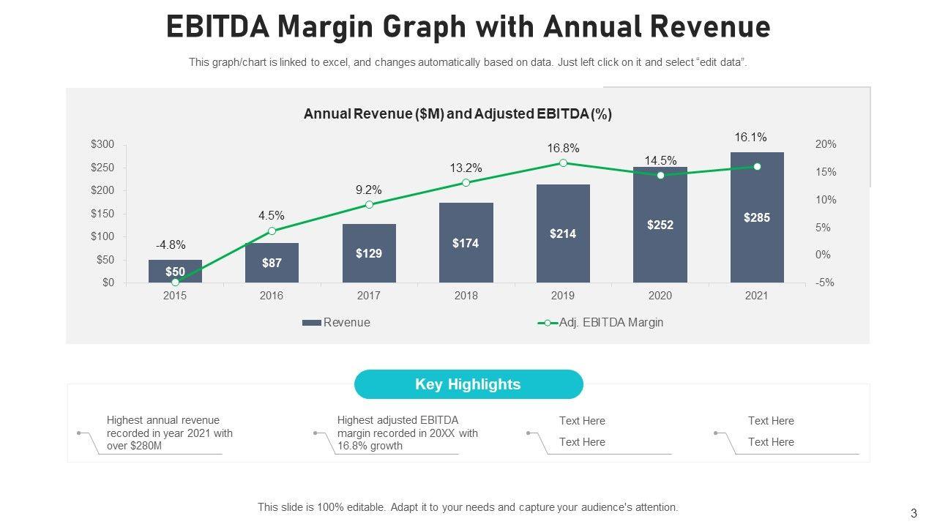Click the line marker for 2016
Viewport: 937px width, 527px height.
[x=272, y=231]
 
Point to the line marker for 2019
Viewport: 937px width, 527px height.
[x=563, y=162]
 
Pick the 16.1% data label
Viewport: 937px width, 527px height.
[x=750, y=137]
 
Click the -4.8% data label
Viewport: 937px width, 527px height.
[x=170, y=245]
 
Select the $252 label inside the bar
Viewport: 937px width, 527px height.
[x=660, y=225]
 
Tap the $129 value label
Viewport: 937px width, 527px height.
[x=369, y=253]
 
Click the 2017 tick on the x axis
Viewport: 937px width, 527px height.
[x=369, y=296]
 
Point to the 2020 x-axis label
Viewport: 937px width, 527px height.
[x=660, y=296]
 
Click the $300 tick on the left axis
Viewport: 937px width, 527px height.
[x=102, y=144]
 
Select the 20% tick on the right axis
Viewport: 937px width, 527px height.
[x=826, y=144]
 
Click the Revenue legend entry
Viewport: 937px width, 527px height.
[x=337, y=323]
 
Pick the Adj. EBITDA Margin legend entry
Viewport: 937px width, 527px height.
[x=602, y=323]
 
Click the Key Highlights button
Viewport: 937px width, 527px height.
[x=468, y=384]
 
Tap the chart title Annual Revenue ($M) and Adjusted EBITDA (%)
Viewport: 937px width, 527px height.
[x=458, y=114]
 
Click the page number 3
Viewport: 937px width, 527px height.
[x=914, y=513]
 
